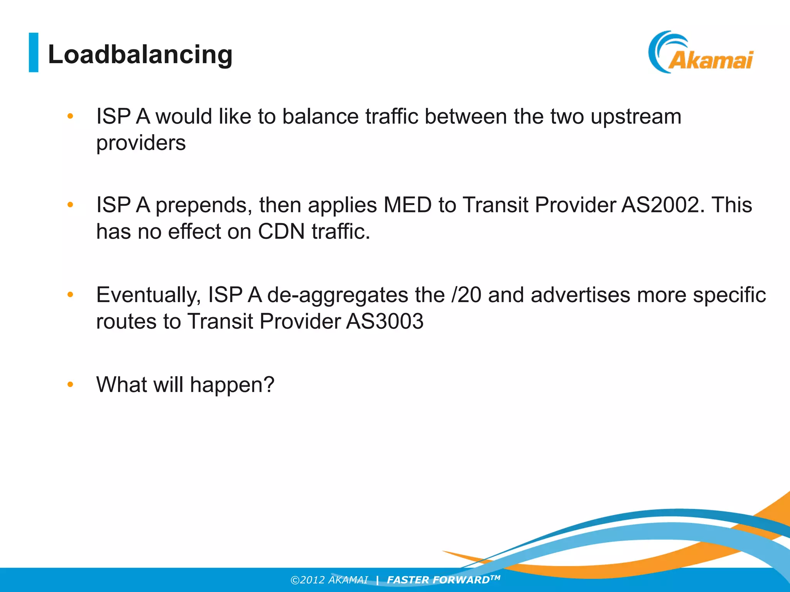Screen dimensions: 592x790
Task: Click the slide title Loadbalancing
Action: point(140,54)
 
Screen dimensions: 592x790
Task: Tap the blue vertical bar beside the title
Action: point(34,52)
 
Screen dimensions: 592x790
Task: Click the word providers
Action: point(141,143)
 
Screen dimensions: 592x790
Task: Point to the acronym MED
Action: point(407,205)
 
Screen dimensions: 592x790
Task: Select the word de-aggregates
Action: point(338,295)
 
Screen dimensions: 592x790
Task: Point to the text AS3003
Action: point(385,321)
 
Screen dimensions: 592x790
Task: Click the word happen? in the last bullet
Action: point(232,385)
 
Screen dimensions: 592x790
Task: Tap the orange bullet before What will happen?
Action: point(70,384)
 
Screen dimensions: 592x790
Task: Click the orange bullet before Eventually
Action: point(70,295)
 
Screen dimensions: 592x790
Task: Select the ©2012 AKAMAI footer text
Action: point(329,580)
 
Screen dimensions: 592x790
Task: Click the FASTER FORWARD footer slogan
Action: point(443,580)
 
